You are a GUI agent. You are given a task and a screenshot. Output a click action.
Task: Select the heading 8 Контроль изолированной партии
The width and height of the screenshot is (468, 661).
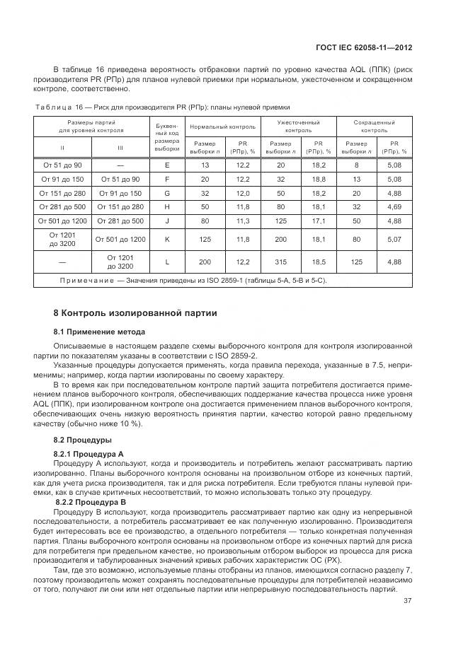(135, 313)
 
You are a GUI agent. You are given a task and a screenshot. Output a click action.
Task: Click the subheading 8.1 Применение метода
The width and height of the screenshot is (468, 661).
(99, 332)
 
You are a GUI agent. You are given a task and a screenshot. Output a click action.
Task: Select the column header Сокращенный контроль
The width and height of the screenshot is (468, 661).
(375, 126)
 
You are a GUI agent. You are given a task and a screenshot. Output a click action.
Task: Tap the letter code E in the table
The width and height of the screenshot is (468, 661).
(167, 164)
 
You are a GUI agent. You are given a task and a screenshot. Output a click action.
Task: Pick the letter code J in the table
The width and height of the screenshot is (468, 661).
(167, 221)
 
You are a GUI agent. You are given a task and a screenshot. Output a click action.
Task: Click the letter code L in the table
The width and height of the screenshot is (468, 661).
(167, 262)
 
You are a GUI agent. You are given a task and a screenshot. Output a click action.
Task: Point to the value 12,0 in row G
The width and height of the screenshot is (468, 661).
(242, 192)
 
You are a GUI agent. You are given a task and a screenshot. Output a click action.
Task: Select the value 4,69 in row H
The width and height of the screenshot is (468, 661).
(394, 206)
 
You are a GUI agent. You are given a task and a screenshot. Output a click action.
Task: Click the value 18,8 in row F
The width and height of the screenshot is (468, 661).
(319, 179)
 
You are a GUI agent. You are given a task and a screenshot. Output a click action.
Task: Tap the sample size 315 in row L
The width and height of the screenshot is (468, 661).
(280, 262)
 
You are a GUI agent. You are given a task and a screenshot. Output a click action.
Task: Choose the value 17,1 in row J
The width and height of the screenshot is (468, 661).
(319, 221)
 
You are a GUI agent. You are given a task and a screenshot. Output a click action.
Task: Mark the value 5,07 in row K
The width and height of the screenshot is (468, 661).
(394, 239)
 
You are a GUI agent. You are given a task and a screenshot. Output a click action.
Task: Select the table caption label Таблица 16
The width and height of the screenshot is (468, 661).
(60, 107)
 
